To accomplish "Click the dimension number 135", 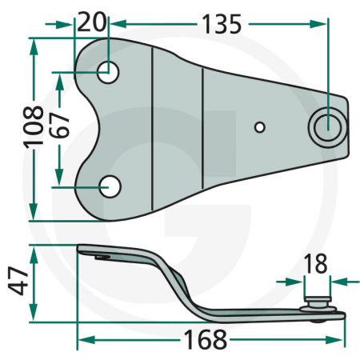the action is [x=222, y=24].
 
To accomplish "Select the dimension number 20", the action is [x=92, y=22].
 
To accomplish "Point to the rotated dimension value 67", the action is [x=60, y=125].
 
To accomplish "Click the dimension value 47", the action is [x=18, y=280].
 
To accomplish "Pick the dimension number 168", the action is [x=206, y=339].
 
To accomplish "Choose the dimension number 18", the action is [x=315, y=264].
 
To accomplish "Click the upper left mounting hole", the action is [x=108, y=72].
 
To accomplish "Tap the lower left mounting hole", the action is [x=110, y=186].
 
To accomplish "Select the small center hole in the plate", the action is [x=260, y=127].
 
